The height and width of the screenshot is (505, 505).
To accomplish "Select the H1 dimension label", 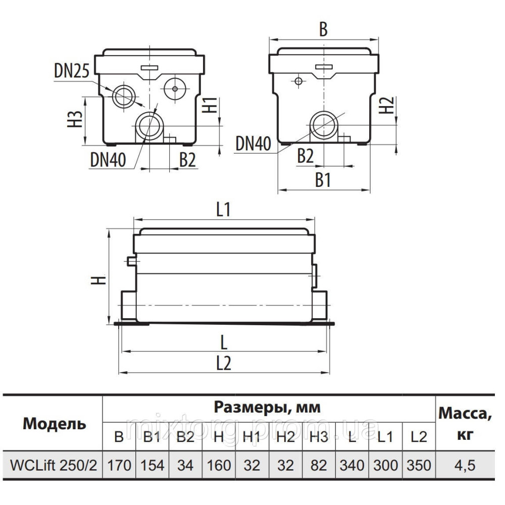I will (212, 105).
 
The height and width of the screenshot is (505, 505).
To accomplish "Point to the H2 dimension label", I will (386, 105).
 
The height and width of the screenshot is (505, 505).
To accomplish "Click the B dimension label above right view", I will (323, 29).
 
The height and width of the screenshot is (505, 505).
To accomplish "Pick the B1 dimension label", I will (323, 180).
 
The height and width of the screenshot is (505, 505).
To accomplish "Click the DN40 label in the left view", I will (108, 161).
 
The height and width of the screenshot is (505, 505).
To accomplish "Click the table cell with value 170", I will (119, 465).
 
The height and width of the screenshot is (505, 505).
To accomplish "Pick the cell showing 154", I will (152, 465).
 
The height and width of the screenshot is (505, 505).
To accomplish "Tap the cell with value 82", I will (319, 465).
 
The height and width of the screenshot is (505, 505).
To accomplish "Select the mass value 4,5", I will (464, 465).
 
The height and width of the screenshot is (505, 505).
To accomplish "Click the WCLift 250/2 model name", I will (51, 465).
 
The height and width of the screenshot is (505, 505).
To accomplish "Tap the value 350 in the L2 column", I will (419, 465).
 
